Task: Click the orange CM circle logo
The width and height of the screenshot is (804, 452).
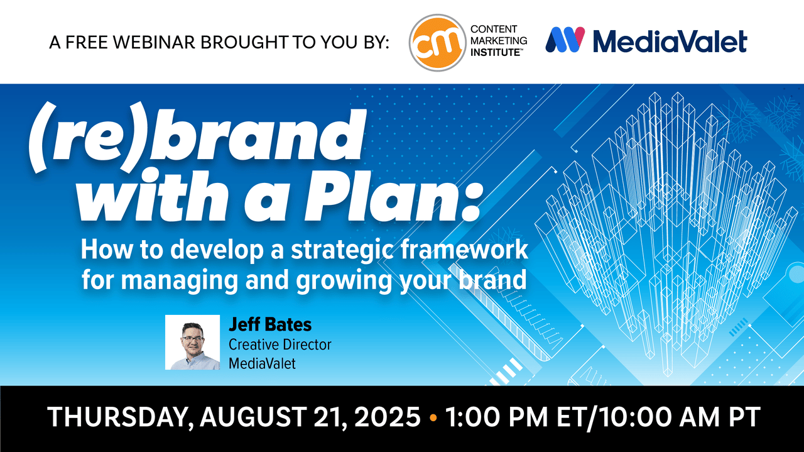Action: [438, 42]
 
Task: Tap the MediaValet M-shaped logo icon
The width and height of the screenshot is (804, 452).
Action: [565, 40]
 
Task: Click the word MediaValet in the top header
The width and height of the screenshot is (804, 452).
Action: [670, 41]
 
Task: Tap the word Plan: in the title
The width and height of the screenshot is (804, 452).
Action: [393, 197]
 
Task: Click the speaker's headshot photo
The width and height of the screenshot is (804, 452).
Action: [192, 343]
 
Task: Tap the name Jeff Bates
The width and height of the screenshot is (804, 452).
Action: [270, 324]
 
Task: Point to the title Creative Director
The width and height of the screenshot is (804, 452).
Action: [280, 345]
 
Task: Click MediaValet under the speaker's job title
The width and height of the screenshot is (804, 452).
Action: [262, 363]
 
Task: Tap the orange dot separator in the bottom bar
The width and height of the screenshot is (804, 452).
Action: [433, 418]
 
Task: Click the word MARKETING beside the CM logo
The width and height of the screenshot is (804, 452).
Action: [499, 41]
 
